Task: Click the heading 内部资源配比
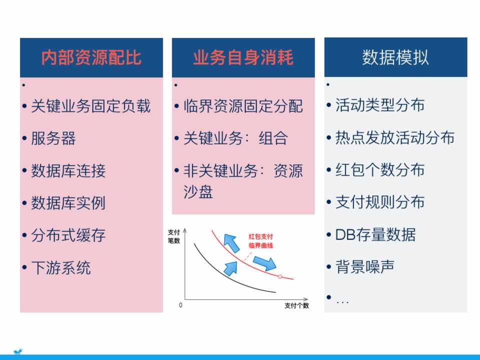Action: [x=91, y=57]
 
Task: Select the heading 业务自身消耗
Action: [x=243, y=57]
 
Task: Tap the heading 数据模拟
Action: [x=395, y=57]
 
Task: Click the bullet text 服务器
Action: [x=53, y=138]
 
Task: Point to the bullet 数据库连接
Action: [x=68, y=170]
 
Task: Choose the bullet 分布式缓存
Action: [x=68, y=235]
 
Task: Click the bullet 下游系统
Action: [x=61, y=267]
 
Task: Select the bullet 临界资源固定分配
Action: [x=243, y=106]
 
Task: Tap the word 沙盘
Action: [x=198, y=192]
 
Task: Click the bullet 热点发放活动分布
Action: [x=395, y=137]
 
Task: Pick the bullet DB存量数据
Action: [x=375, y=234]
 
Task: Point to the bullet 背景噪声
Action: [x=365, y=266]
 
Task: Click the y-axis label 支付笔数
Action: [x=174, y=236]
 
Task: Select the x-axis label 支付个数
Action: [x=297, y=305]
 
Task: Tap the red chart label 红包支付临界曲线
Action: [x=261, y=241]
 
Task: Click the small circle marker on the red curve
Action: [x=280, y=276]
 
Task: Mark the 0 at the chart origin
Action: [x=181, y=305]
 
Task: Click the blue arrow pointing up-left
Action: [x=231, y=243]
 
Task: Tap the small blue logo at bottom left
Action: [x=18, y=351]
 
